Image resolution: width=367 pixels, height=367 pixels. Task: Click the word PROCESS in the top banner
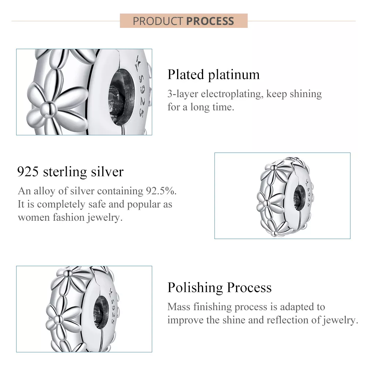[x=210, y=21]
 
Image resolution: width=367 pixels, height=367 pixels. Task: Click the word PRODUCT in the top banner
[x=158, y=21]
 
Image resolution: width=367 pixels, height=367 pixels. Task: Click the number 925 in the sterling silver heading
[x=28, y=171]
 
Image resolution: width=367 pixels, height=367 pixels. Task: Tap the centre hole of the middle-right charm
[x=300, y=195]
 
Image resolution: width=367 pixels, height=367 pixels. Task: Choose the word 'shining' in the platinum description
[x=305, y=94]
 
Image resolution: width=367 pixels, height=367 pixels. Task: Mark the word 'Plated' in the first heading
[x=186, y=74]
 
